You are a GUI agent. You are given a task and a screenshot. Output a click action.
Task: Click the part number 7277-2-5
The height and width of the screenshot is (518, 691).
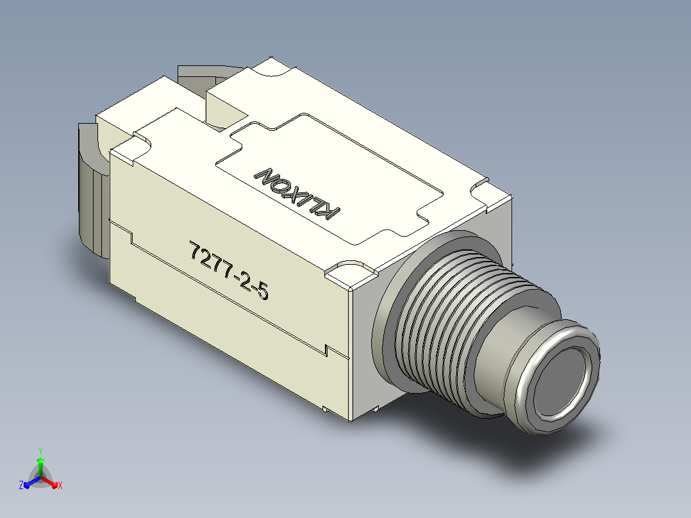(x=229, y=271)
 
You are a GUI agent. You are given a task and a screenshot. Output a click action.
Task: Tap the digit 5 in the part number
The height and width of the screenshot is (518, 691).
(x=263, y=291)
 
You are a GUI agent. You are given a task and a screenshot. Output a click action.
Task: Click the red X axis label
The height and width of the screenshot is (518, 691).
(x=60, y=485)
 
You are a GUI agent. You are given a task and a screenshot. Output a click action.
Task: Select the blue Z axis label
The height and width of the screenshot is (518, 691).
(x=21, y=485)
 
